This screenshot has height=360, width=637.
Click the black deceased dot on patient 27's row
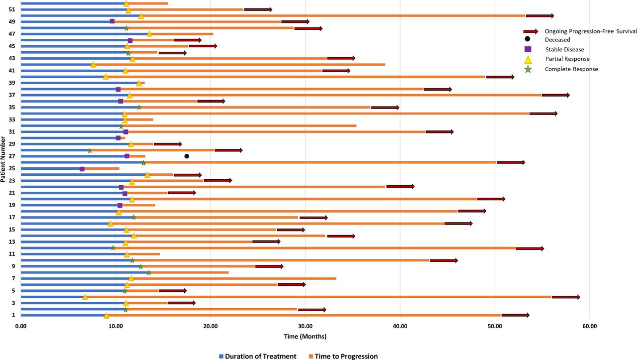point(187,156)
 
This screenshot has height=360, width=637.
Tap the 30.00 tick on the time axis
point(305,327)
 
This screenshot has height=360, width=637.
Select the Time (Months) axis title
point(305,337)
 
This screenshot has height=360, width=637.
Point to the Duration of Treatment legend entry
point(257,356)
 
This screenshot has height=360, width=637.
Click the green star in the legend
point(528,69)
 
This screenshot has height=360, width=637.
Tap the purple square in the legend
point(528,49)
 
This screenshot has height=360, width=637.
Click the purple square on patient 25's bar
point(82,169)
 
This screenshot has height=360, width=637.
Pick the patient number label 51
point(11,9)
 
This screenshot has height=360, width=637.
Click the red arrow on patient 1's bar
point(515,315)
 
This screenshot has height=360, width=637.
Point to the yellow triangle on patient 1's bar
point(106,315)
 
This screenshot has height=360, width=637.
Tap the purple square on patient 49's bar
point(112,21)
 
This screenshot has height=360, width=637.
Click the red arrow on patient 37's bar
point(555,95)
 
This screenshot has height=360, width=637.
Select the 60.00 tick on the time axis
point(589,327)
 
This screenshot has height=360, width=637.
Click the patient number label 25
point(11,168)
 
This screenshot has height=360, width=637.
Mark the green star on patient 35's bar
point(139,107)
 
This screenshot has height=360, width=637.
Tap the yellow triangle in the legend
point(528,59)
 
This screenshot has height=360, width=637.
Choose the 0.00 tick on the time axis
point(21,327)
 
